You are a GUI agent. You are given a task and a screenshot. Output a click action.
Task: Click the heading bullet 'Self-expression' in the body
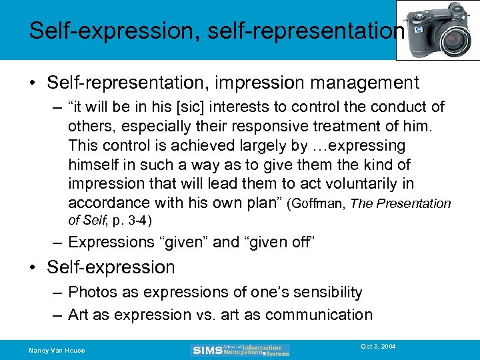(111, 267)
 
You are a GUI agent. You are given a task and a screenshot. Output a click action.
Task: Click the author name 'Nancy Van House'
(57, 350)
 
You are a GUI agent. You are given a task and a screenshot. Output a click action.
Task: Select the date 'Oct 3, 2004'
(378, 347)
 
